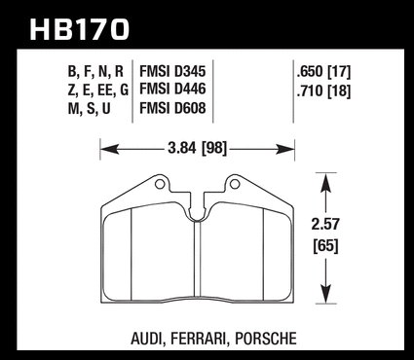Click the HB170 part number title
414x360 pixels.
click(80, 29)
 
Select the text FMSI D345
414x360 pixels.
click(172, 71)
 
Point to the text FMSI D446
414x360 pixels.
click(172, 90)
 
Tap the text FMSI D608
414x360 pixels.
click(172, 108)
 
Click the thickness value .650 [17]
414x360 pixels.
click(323, 72)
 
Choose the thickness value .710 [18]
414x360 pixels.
click(323, 90)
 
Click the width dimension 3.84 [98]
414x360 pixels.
click(197, 149)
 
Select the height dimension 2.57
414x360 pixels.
click(325, 224)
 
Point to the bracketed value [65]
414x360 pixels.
click(325, 245)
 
